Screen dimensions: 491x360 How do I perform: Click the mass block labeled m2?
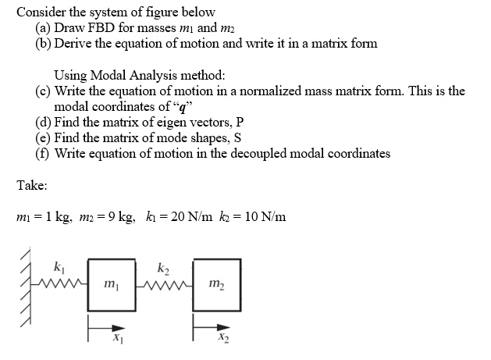(x=213, y=280)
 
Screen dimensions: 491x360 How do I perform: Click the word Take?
(x=32, y=187)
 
